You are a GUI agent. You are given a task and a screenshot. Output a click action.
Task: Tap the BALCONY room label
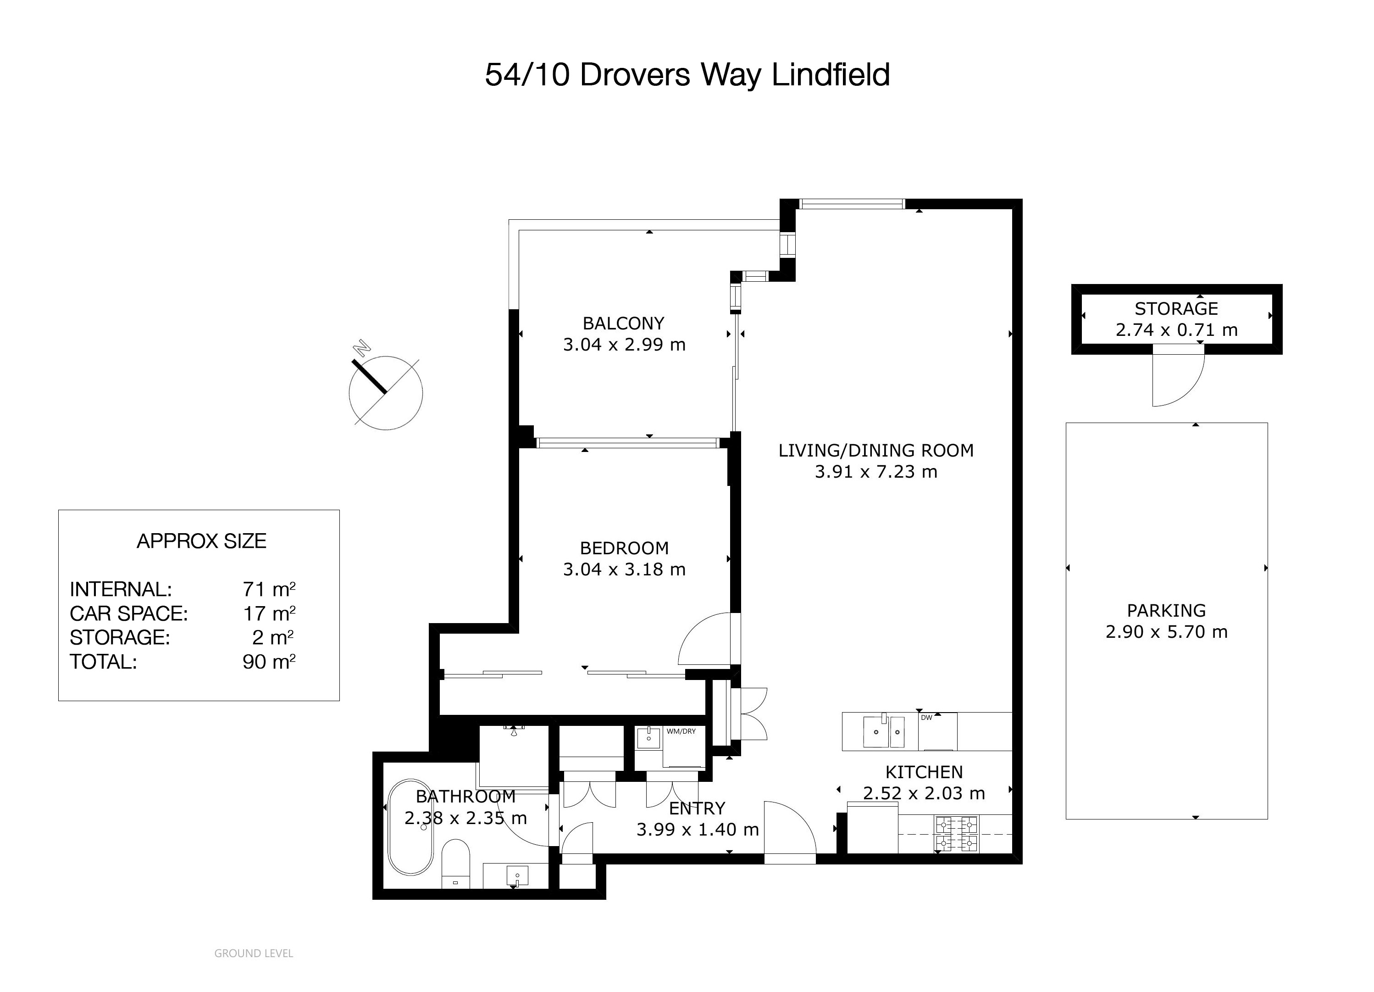pos(623,323)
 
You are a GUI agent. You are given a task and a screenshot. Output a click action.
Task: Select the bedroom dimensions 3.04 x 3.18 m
pos(624,569)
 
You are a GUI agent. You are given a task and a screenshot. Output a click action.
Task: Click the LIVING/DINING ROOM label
pos(876,450)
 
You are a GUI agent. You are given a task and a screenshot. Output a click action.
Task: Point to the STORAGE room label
pos(1176,308)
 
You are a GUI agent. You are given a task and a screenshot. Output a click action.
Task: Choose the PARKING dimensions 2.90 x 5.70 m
pos(1166,632)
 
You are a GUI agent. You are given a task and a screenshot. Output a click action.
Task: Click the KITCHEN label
pos(924,772)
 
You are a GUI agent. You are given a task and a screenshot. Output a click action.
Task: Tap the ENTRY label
pos(697,808)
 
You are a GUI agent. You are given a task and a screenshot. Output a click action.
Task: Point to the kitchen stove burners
pos(957,835)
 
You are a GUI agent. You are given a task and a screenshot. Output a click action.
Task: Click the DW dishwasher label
pos(926,718)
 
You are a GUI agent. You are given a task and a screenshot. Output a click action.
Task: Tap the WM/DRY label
pos(681,731)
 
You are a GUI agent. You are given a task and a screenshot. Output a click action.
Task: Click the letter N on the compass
pos(362,347)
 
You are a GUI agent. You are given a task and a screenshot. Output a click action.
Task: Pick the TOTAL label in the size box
pos(104,662)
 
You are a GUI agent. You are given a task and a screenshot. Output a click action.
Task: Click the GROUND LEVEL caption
pos(254,953)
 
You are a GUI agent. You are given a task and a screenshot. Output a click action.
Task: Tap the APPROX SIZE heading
pos(202,541)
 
